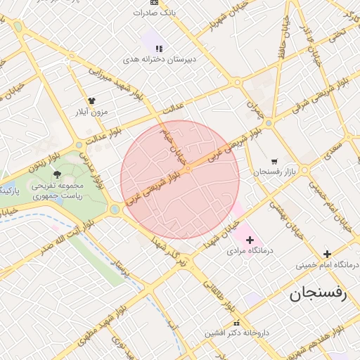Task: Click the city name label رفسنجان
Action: click(x=319, y=294)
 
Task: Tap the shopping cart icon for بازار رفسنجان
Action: click(x=274, y=161)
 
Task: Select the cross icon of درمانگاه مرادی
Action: click(x=250, y=240)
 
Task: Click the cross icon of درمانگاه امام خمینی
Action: click(x=326, y=254)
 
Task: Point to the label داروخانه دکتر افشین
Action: click(x=242, y=333)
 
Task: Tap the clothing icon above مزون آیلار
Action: click(x=91, y=101)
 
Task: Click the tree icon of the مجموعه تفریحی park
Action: click(x=58, y=174)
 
